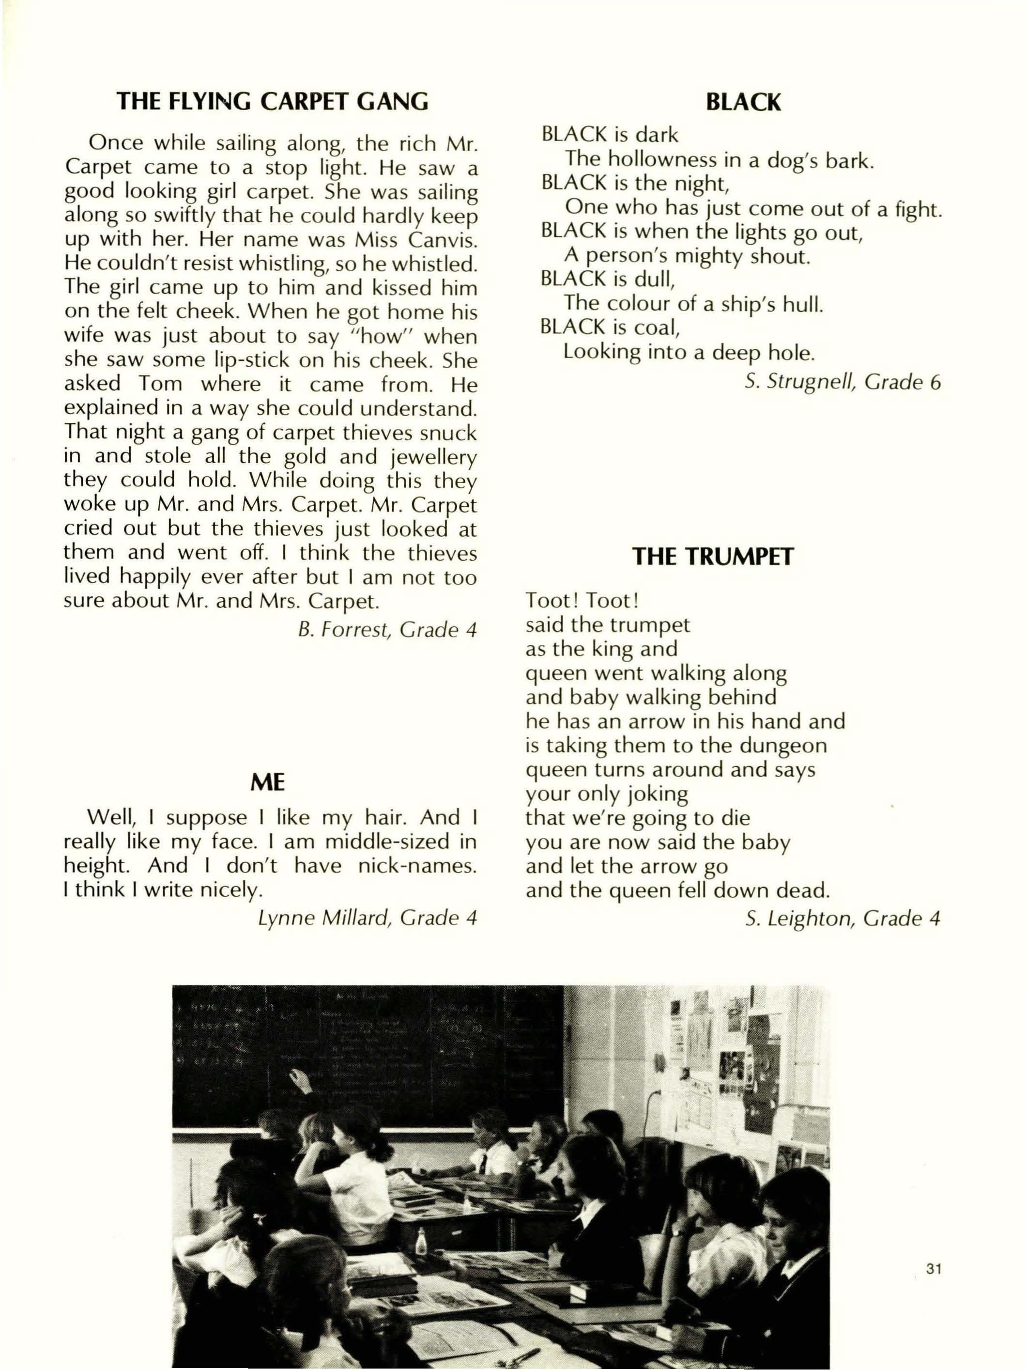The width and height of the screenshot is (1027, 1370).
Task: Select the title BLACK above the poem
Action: point(743,102)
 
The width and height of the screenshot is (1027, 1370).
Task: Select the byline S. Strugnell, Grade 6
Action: point(843,382)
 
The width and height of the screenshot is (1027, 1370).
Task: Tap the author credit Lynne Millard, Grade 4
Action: point(368,917)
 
